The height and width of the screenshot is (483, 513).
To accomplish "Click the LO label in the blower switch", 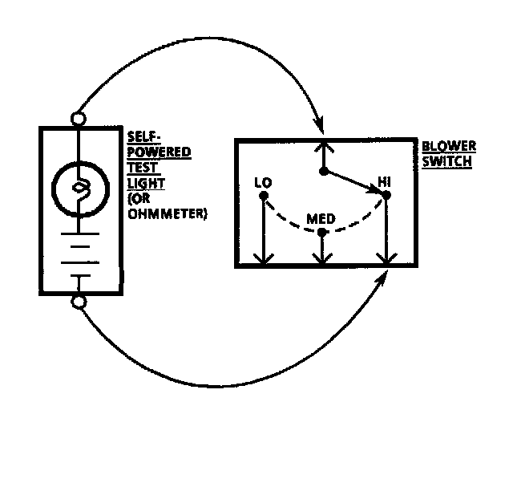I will [x=262, y=182].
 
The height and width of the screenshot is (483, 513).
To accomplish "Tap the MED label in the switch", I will [x=321, y=218].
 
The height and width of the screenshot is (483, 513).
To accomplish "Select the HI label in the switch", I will [x=385, y=182].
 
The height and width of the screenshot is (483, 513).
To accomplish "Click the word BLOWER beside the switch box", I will [x=449, y=146].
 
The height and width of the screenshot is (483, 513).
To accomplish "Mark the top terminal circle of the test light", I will [x=79, y=119].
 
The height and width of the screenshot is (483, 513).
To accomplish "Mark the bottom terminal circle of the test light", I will [x=79, y=302].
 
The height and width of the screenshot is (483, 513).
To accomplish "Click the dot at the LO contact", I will [x=263, y=195].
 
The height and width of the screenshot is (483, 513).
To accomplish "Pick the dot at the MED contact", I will [x=321, y=233].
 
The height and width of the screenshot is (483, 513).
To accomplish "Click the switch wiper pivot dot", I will [x=322, y=171].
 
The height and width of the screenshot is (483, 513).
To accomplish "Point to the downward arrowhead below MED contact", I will [x=321, y=259].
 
